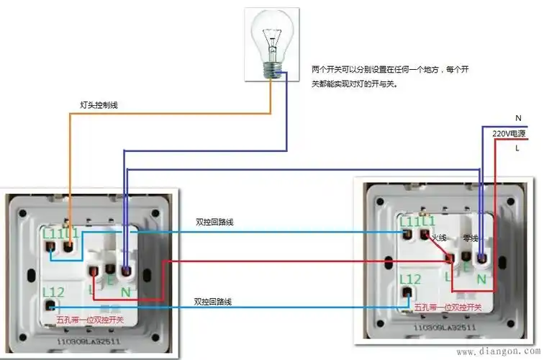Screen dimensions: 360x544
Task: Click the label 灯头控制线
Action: (99, 105)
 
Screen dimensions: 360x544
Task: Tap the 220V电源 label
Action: (509, 134)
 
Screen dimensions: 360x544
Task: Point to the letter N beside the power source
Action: (518, 117)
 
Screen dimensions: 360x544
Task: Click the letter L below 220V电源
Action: (517, 148)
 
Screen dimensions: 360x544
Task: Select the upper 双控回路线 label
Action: (214, 222)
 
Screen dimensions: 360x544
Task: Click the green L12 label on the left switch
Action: (55, 292)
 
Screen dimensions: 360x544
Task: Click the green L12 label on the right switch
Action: (409, 279)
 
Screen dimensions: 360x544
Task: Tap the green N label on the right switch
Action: (481, 277)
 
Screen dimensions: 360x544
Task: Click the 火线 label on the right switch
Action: (439, 238)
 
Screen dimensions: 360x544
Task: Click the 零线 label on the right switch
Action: (470, 238)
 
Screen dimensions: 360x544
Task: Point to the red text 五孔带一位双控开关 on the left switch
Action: (90, 319)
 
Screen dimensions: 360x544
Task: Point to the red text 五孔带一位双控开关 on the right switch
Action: (448, 307)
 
